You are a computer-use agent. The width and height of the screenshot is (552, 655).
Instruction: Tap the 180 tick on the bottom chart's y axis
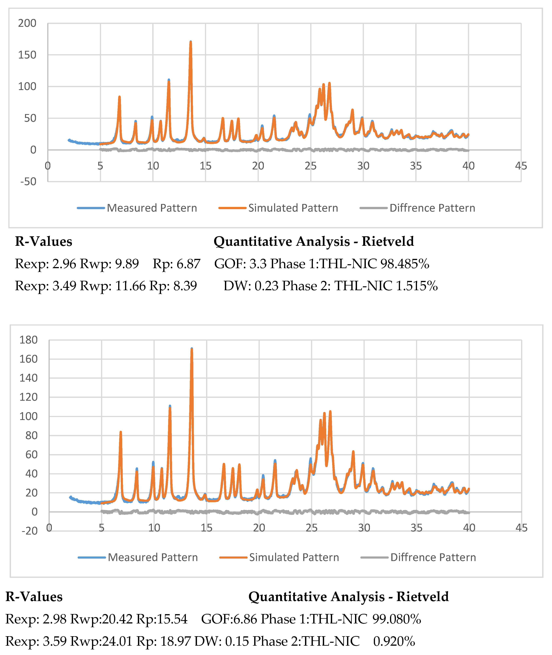click(x=28, y=340)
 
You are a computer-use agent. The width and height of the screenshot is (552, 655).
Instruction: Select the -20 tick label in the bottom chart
click(x=30, y=531)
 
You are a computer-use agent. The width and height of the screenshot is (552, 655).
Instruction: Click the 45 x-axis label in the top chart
click(x=521, y=166)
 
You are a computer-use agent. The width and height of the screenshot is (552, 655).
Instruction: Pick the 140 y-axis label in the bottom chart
click(x=28, y=378)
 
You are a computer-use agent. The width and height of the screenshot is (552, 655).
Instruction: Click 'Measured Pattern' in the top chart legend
click(x=152, y=208)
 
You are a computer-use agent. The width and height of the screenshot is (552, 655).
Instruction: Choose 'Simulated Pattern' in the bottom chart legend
click(x=294, y=557)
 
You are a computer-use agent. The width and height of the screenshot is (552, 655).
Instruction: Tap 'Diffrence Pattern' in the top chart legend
click(x=432, y=208)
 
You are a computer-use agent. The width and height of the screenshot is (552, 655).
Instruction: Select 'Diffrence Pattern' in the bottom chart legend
click(x=433, y=557)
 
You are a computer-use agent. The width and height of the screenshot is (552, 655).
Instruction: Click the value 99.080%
click(x=397, y=619)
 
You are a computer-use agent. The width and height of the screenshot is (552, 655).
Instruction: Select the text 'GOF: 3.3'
click(x=240, y=264)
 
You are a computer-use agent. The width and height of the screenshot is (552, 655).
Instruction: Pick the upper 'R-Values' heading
click(x=43, y=242)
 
